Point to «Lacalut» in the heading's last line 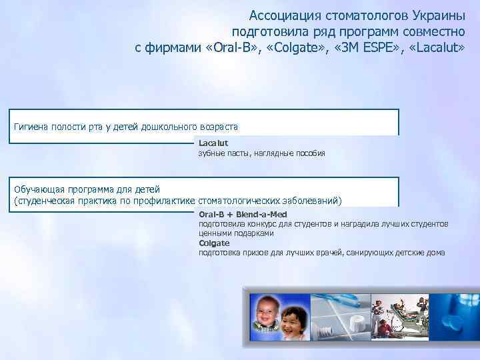[437, 48]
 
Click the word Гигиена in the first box [31, 127]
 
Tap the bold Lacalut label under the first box [213, 143]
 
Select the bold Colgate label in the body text [214, 243]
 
